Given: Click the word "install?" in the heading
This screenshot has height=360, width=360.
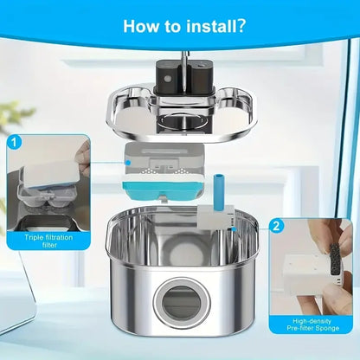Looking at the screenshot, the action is click(216, 26).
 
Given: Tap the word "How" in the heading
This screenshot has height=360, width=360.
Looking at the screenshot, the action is click(141, 26).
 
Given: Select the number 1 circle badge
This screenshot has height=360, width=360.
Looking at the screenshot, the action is click(14, 143).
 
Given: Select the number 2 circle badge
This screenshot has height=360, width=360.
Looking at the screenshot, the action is click(276, 226).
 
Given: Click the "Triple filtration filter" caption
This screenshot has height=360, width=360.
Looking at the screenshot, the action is click(48, 241).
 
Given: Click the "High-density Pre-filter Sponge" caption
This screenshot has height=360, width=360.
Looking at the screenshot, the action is click(312, 325).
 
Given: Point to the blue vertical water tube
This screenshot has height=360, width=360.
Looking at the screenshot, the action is click(218, 193).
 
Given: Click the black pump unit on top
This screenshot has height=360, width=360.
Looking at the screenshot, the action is click(185, 76).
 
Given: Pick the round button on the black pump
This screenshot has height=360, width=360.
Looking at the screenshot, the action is click(167, 79).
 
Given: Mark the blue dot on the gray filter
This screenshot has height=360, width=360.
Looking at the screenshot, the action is click(128, 163).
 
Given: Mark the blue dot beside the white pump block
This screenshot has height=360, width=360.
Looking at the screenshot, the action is click(235, 229).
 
